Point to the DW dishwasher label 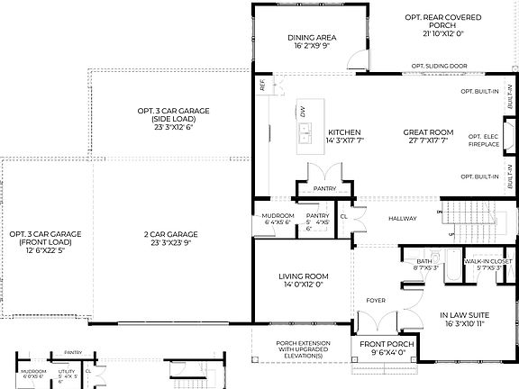coord(304,111)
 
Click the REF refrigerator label coord(262,88)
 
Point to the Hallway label coord(403,218)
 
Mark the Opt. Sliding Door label coord(439,66)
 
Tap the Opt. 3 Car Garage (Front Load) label coord(45,239)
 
